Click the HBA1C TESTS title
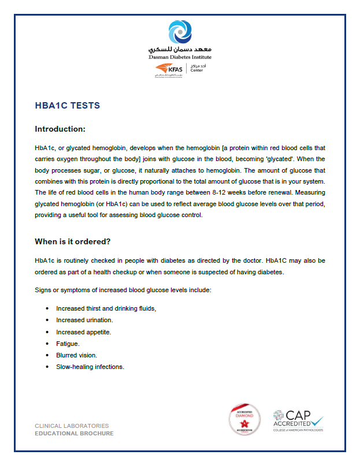click(68, 106)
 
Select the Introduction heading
click(60, 129)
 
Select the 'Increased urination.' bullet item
click(84, 320)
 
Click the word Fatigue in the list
click(68, 344)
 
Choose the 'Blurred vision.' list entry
click(76, 355)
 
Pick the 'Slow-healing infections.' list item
click(90, 367)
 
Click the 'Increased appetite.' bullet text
click(83, 332)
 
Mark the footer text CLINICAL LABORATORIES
click(72, 426)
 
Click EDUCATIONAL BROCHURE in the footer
click(74, 434)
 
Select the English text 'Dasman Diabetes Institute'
click(180, 57)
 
